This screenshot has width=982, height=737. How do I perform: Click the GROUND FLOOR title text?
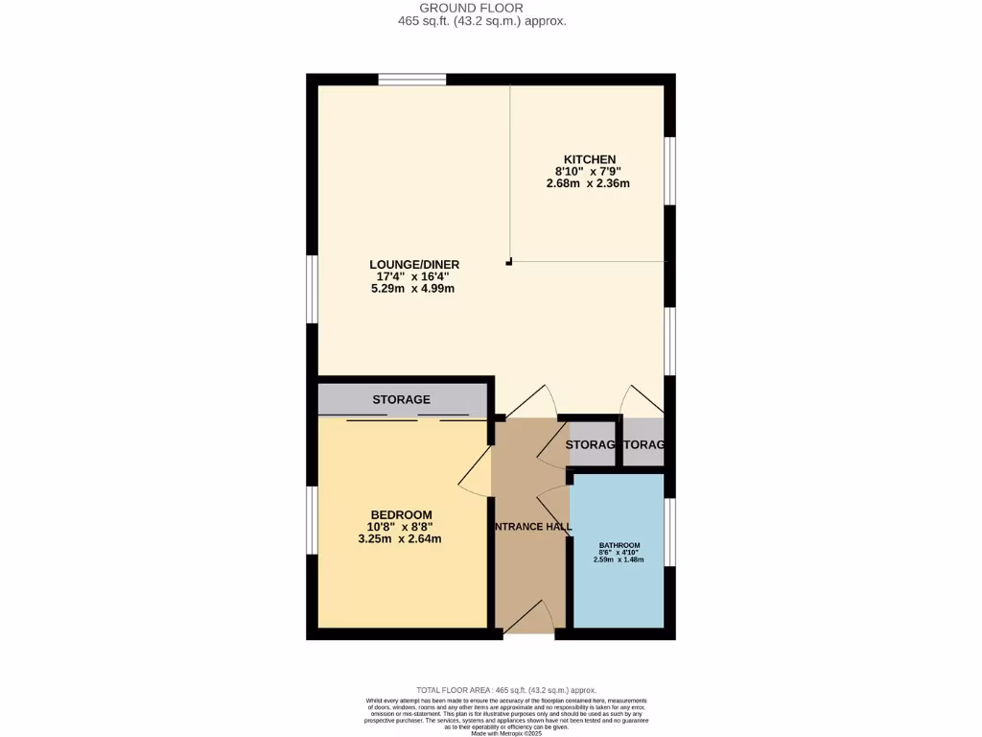(x=484, y=8)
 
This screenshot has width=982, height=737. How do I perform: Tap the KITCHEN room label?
(x=589, y=159)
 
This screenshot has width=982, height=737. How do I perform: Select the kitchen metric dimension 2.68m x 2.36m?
(x=588, y=183)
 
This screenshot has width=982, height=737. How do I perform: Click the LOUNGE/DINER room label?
(x=414, y=265)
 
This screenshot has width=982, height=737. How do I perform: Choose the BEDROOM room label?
(x=400, y=514)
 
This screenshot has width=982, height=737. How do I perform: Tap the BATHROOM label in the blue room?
(x=619, y=545)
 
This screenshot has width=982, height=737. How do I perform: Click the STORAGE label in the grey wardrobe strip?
(x=401, y=399)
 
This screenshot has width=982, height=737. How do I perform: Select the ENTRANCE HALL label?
(x=532, y=527)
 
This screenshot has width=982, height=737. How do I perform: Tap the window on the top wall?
(x=412, y=80)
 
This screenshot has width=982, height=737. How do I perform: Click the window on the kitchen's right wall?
(x=669, y=171)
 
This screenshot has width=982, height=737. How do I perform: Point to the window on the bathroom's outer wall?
(x=669, y=532)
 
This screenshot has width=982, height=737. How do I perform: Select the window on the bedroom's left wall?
(x=312, y=520)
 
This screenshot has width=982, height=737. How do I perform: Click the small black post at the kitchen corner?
(x=509, y=261)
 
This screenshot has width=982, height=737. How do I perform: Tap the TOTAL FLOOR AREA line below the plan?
(x=505, y=690)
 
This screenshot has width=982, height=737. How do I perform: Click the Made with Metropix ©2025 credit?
(x=505, y=733)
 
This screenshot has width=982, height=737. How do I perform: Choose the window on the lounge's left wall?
(x=312, y=289)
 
